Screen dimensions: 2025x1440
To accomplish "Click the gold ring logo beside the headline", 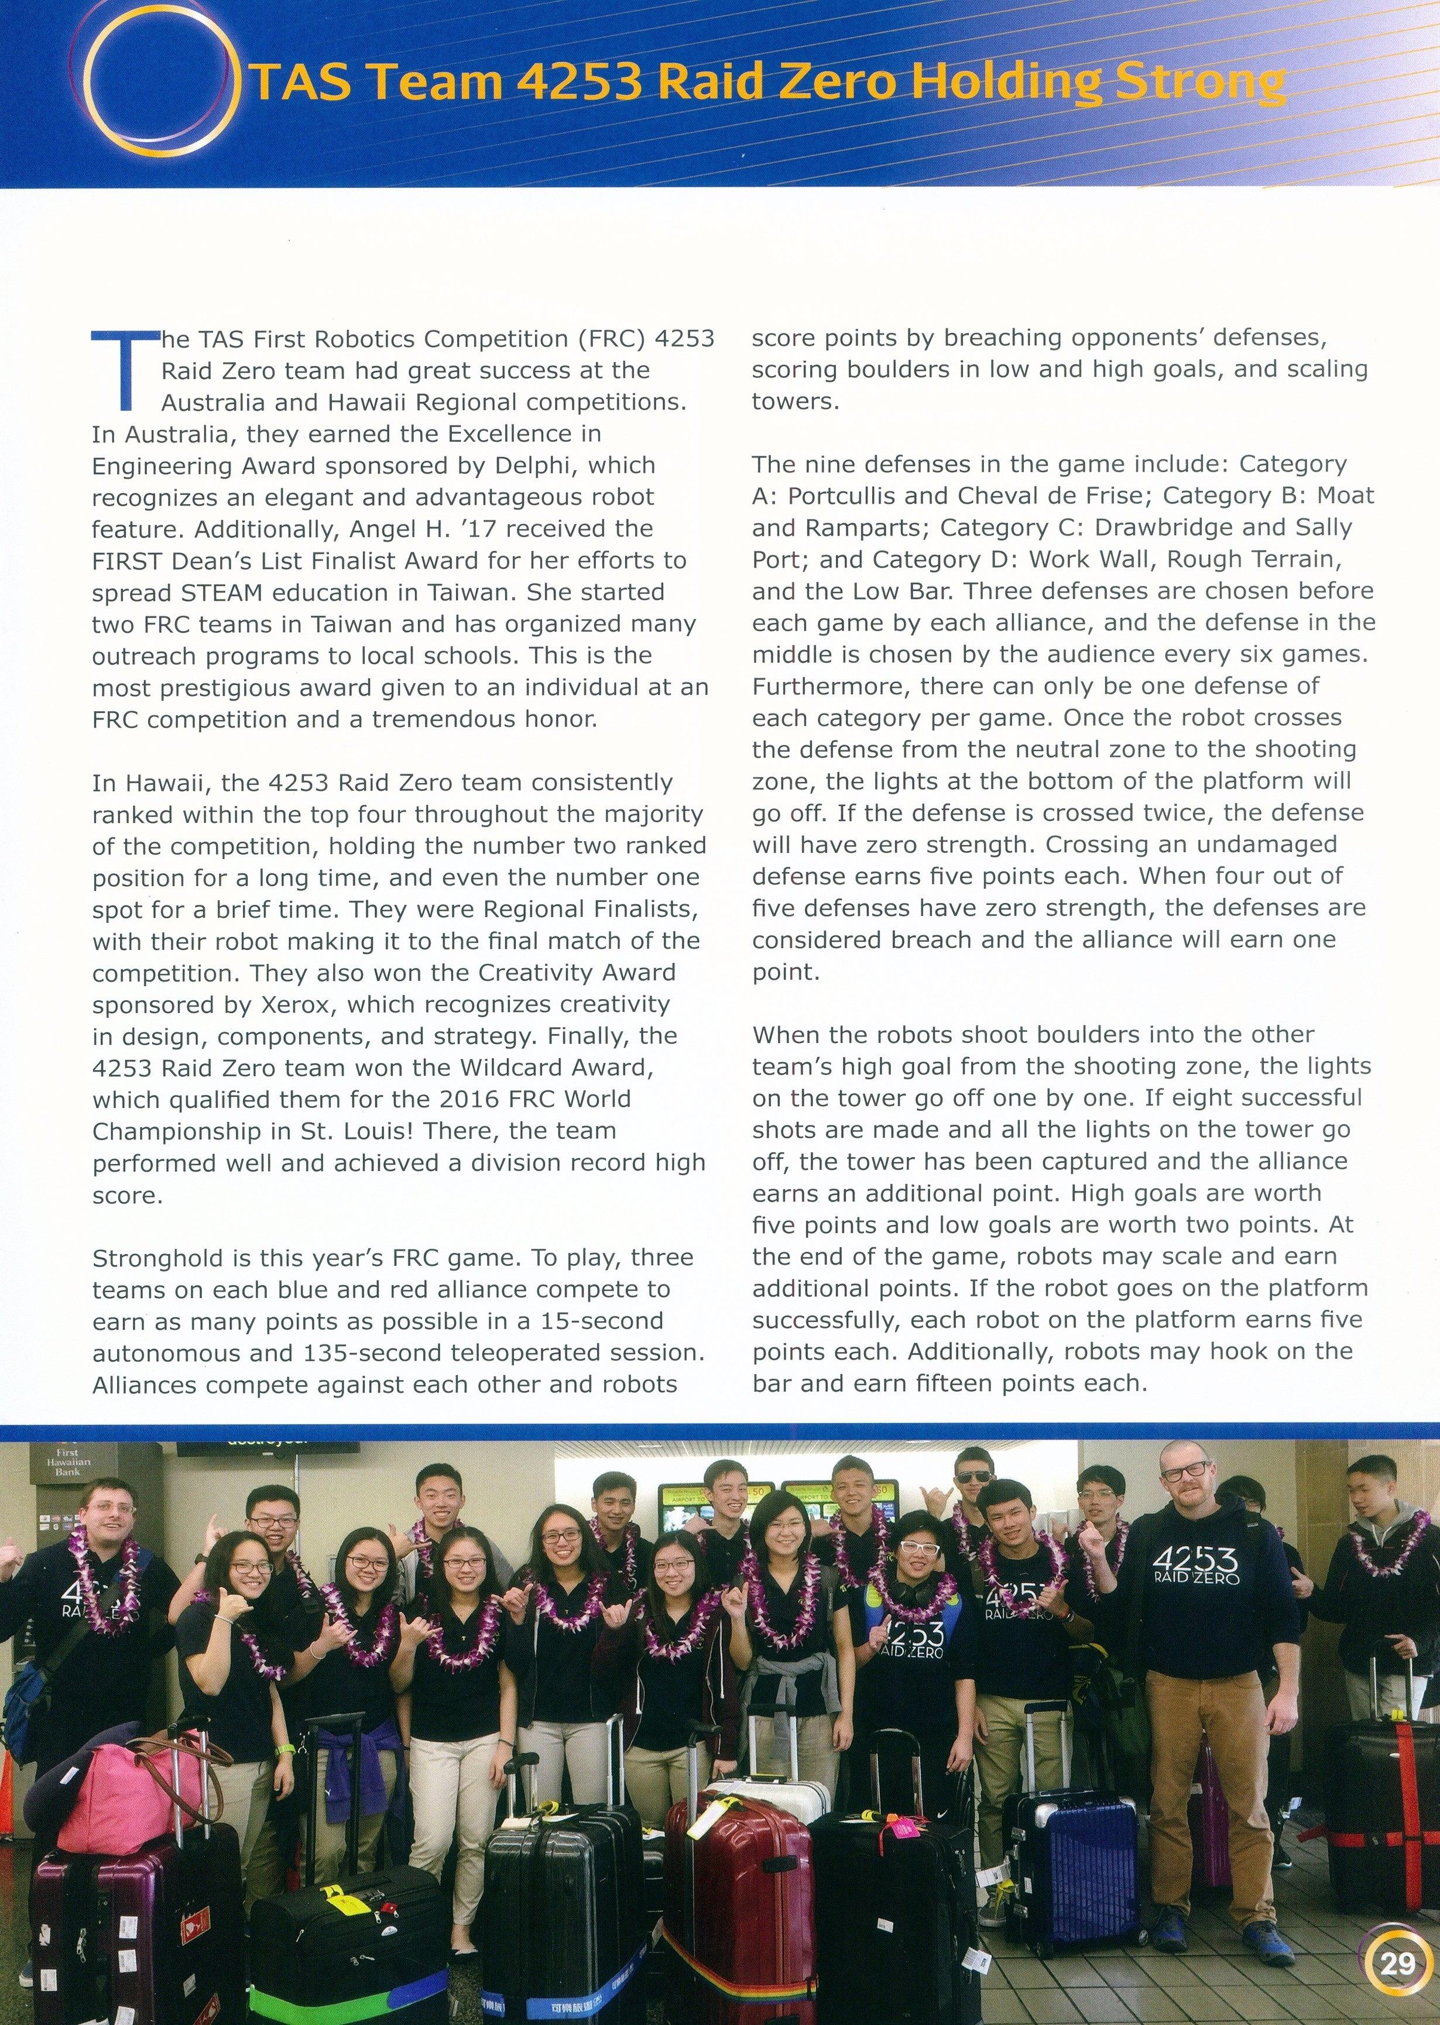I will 169,87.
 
